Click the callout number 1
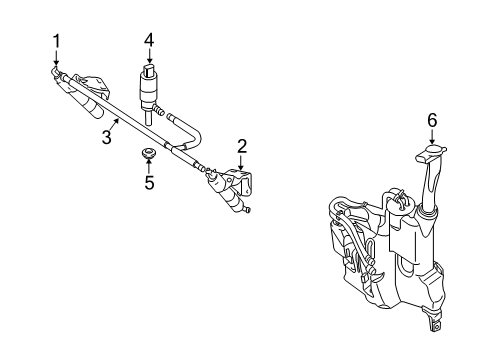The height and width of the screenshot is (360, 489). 57,41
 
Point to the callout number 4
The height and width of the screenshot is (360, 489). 148,41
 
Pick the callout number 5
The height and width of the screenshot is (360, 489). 150,183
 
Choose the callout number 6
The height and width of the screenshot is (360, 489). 432,120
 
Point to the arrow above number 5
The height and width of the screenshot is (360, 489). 150,165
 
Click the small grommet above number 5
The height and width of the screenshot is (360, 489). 150,154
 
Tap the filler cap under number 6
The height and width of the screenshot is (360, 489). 431,152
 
